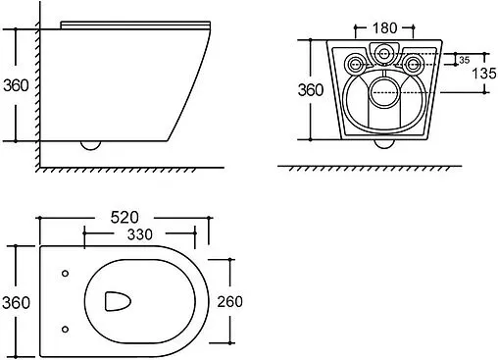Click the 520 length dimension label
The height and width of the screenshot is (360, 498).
click(x=124, y=218)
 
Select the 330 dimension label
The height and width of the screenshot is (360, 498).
click(x=140, y=234)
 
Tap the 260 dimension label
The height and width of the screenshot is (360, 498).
click(x=230, y=301)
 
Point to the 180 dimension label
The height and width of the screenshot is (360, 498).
click(x=384, y=28)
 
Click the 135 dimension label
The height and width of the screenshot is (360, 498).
click(x=484, y=74)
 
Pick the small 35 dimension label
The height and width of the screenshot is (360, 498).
click(x=464, y=60)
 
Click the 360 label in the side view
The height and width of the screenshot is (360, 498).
click(x=16, y=85)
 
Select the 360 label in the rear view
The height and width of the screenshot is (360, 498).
click(x=311, y=90)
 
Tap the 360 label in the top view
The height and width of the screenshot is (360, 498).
click(x=16, y=302)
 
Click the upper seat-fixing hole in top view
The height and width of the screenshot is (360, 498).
click(x=66, y=274)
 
